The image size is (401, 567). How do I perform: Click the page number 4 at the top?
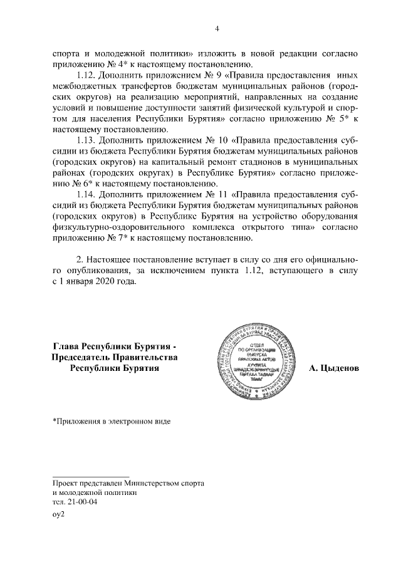(x=216, y=28)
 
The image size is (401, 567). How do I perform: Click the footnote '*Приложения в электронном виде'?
(x=111, y=420)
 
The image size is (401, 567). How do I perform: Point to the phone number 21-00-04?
(x=84, y=502)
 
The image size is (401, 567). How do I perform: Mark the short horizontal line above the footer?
(x=90, y=477)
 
